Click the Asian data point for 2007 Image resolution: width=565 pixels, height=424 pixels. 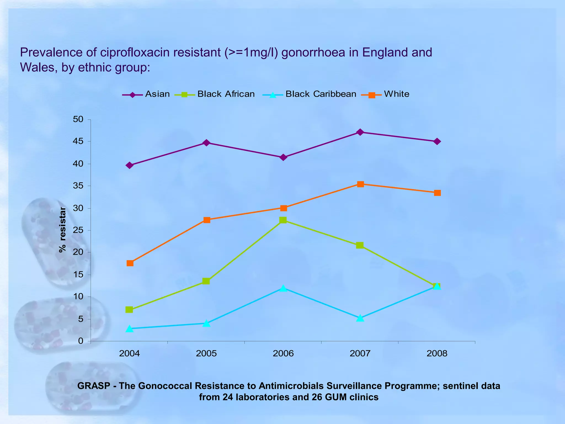click(x=360, y=132)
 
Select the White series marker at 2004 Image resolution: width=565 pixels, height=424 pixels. click(x=130, y=263)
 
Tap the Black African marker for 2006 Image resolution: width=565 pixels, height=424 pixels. click(x=283, y=220)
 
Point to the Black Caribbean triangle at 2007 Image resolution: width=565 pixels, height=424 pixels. click(x=360, y=318)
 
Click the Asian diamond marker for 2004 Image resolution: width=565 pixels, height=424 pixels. click(x=129, y=165)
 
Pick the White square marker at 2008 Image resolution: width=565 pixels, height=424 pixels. click(x=437, y=193)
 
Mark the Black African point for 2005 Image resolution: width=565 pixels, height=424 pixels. click(x=206, y=281)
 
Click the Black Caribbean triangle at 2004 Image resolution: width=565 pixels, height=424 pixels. click(x=129, y=329)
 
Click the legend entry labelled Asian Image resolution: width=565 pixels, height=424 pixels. click(x=157, y=94)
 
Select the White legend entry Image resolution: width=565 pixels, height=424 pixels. click(x=396, y=94)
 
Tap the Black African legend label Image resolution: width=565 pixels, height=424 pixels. click(x=226, y=94)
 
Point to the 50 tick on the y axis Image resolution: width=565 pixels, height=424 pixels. click(x=78, y=119)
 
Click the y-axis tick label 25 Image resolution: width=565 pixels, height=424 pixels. click(x=78, y=230)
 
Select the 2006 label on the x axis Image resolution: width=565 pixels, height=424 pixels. click(x=283, y=353)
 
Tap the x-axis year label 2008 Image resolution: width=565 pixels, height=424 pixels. click(x=437, y=353)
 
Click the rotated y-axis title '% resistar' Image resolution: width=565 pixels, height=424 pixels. click(x=63, y=230)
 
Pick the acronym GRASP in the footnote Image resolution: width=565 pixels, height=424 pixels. click(x=94, y=386)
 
